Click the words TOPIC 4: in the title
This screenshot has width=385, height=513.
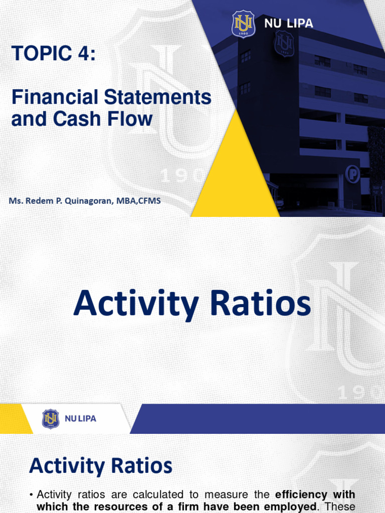tap(53, 54)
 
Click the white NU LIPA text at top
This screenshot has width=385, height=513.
tap(289, 24)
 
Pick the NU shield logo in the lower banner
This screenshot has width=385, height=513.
tap(51, 419)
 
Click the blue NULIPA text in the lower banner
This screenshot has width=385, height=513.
tap(80, 419)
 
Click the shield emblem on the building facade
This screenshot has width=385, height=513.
tap(284, 43)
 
